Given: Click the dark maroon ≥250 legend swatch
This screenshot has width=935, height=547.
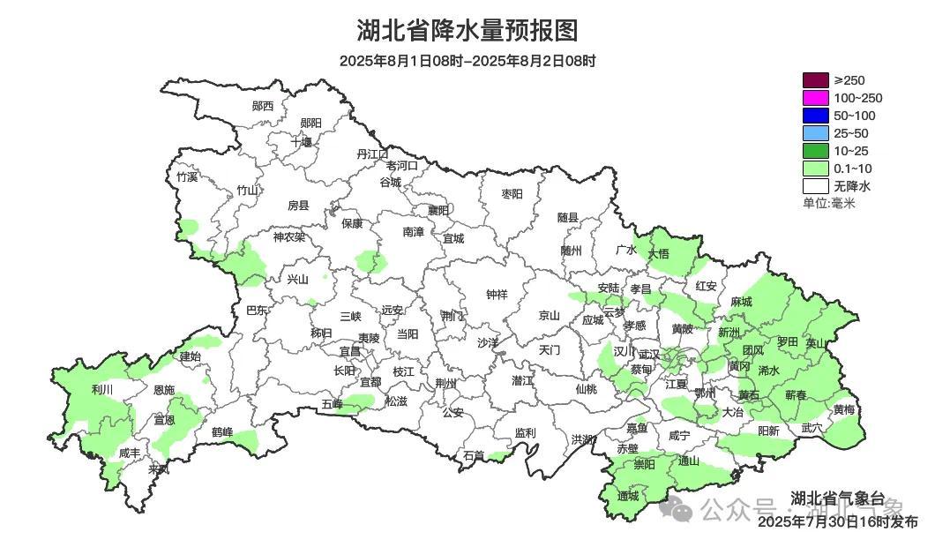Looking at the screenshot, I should point(816,80).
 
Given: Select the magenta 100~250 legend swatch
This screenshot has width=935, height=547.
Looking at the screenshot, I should point(816,98).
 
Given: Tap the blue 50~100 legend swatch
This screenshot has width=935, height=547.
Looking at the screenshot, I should point(816,116).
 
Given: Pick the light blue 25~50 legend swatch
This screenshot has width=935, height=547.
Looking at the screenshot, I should point(816,133).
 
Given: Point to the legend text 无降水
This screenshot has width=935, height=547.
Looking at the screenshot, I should point(852,186).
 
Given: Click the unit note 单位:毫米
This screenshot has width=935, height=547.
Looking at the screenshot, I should point(828,203).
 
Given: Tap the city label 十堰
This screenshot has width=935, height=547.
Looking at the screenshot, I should point(302,141).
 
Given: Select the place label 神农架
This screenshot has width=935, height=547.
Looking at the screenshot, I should point(288,236).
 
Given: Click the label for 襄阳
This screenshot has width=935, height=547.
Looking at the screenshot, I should point(438,210).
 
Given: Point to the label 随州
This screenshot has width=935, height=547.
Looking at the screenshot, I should point(572,250).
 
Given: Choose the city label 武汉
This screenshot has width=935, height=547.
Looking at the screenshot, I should point(649,354).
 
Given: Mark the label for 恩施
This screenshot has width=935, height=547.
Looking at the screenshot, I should point(164,389).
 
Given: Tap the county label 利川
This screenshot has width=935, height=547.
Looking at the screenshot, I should point(102,389).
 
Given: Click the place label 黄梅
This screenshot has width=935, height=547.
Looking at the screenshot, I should point(843,409).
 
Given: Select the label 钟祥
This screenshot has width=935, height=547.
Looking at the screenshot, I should point(497,295).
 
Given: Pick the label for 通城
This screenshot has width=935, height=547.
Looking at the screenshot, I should point(628,496).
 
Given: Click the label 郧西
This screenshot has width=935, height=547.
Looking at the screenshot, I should point(263,106).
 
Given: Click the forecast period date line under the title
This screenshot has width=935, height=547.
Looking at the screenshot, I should point(467,61).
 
